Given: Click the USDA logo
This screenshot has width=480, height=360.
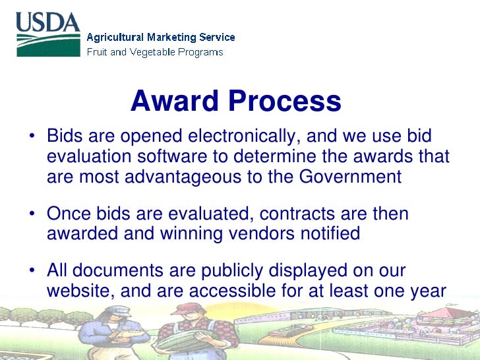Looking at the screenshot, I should [48, 34].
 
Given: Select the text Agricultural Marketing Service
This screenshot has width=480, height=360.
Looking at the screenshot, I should [161, 38].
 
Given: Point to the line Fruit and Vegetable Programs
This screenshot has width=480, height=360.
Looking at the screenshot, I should [155, 52].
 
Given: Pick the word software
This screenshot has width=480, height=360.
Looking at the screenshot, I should [191, 157].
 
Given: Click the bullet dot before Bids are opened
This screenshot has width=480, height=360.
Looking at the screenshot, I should [31, 137].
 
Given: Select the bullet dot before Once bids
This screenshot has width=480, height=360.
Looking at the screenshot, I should [31, 214].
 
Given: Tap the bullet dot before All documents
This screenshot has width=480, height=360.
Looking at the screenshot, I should [31, 271].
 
